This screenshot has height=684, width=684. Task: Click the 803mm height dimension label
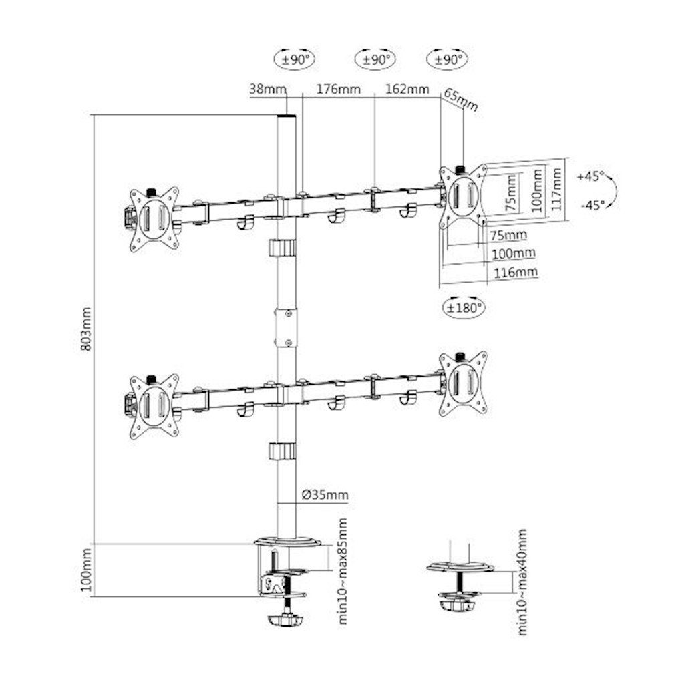(86, 329)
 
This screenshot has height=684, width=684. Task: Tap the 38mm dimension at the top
(268, 89)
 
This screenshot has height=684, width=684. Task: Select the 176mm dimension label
(339, 89)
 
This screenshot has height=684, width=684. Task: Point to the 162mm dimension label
(407, 89)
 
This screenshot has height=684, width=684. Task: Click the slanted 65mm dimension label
(461, 100)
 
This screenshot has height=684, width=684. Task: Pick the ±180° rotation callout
(464, 307)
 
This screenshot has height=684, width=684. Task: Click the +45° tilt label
(590, 176)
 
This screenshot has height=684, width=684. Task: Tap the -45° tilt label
(592, 204)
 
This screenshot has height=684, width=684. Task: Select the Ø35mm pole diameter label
(325, 495)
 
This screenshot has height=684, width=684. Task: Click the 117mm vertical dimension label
(556, 190)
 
